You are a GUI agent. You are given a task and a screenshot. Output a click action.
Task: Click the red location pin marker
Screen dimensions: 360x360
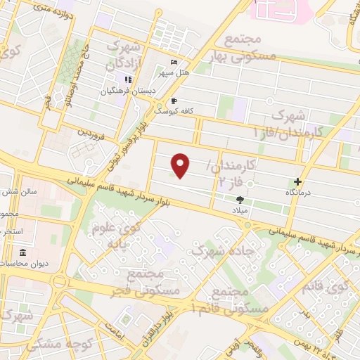[181, 165]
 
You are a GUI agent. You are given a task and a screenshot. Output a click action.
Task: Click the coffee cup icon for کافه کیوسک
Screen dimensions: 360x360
[174, 101]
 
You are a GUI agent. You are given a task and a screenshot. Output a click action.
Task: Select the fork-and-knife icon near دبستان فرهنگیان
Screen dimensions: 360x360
[129, 79]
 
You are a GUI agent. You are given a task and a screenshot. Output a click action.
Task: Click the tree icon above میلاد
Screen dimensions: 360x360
[240, 200]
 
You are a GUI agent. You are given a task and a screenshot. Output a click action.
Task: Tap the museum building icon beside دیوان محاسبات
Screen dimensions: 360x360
[23, 252]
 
